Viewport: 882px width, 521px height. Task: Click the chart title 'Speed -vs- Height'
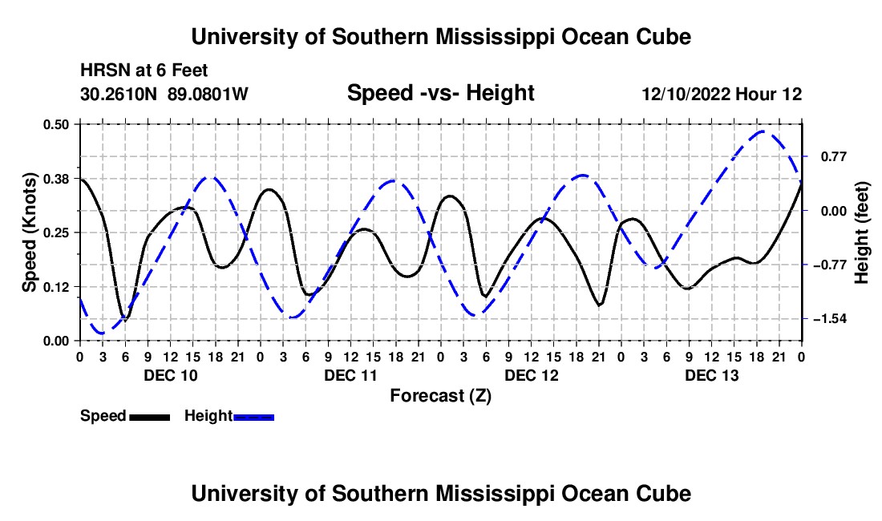440,93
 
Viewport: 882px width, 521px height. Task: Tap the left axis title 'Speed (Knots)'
29,232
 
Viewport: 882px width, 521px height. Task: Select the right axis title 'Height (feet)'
861,232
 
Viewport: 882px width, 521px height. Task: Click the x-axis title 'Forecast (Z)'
440,396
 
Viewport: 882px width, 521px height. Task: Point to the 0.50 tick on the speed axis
55,124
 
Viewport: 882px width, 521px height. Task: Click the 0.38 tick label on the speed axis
55,179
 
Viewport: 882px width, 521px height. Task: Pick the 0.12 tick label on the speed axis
55,287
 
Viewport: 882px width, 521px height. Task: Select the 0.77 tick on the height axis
834,157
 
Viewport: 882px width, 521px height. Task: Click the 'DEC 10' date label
171,375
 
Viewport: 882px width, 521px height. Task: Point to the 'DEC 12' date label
532,375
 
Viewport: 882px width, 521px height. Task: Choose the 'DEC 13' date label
711,375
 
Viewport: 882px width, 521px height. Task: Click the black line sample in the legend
150,417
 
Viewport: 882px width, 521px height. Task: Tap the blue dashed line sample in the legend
253,417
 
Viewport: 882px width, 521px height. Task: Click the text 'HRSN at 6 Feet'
144,71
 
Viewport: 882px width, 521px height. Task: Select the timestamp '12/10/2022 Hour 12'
722,94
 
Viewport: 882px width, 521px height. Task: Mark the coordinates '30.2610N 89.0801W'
164,94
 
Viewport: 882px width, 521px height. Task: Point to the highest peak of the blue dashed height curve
763,131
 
